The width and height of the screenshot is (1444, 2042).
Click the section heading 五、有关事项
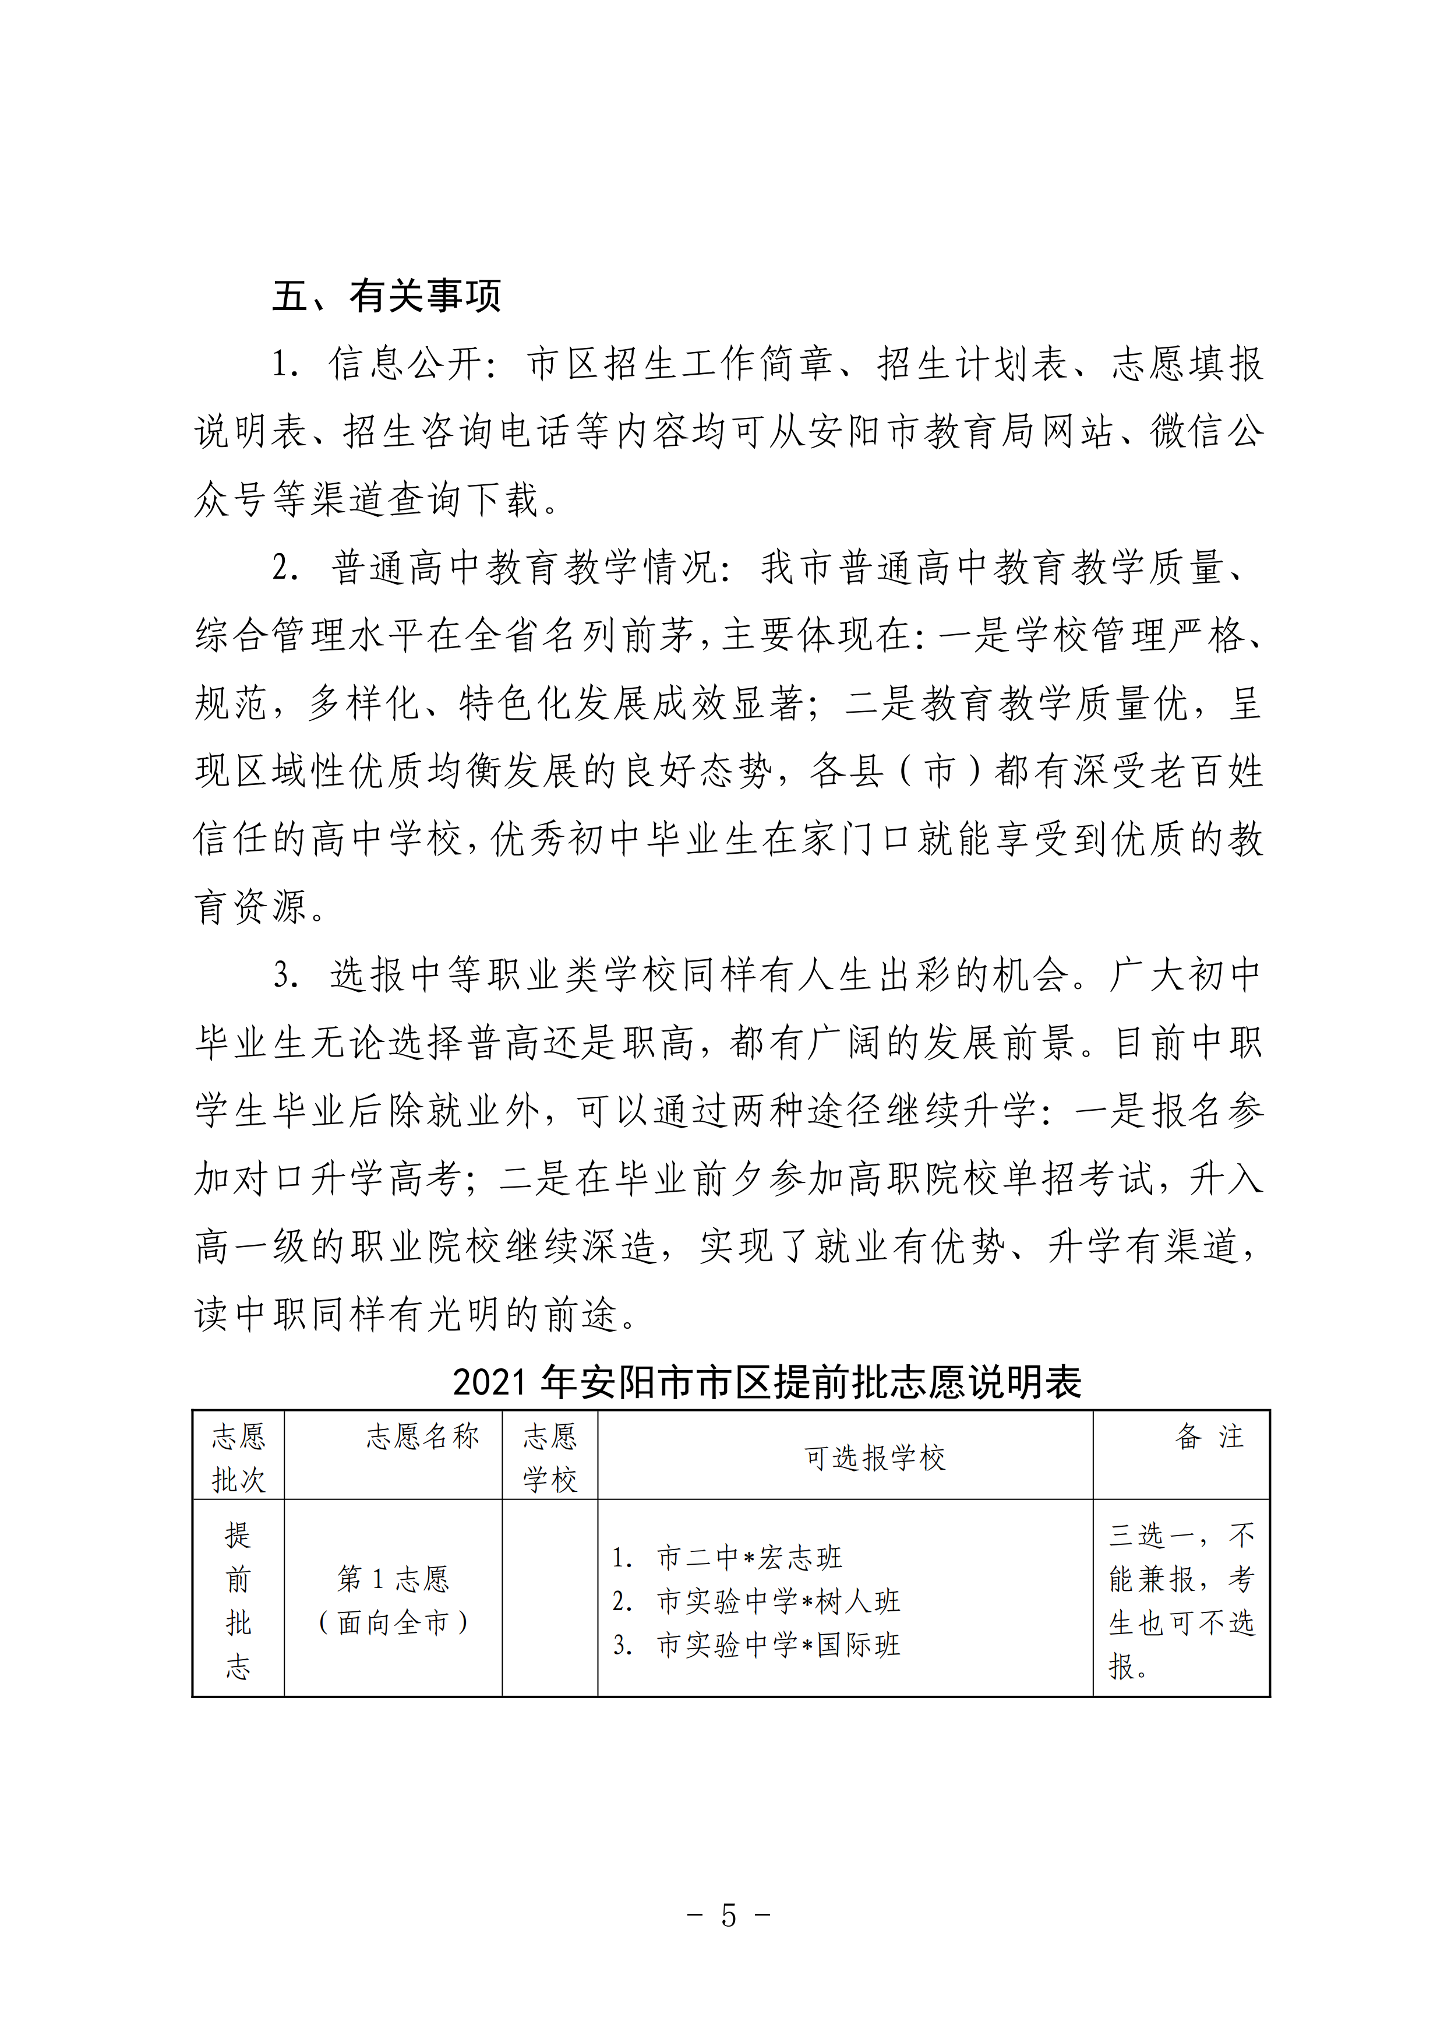pos(387,296)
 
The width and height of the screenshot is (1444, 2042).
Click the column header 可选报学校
pos(874,1457)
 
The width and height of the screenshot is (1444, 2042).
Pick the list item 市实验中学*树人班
pos(778,1601)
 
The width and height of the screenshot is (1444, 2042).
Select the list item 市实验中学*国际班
pos(778,1645)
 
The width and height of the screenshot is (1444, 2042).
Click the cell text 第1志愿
pos(393,1579)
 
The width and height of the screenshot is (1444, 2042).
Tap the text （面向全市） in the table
pos(393,1622)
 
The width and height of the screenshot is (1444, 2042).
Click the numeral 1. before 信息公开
pos(284,365)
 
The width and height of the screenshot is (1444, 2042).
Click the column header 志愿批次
pos(238,1457)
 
